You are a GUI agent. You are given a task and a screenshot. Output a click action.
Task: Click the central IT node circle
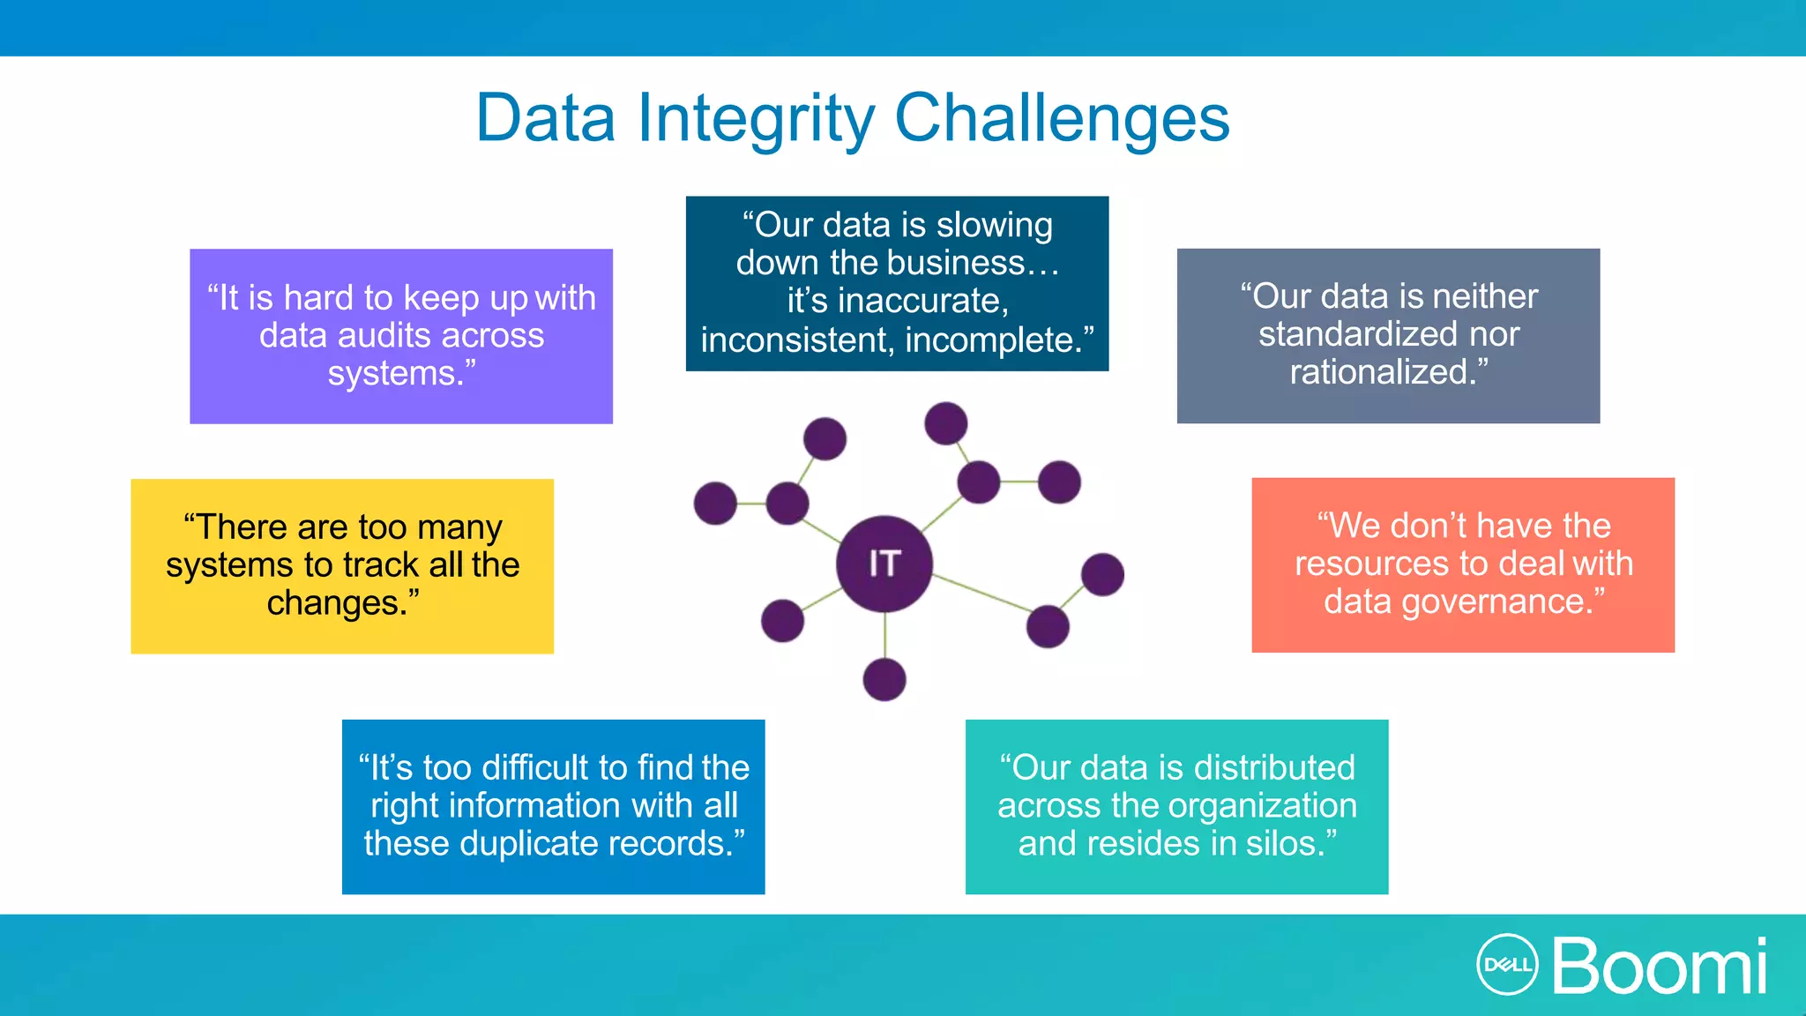point(884,564)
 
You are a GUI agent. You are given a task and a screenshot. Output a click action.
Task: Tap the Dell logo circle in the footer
point(1507,965)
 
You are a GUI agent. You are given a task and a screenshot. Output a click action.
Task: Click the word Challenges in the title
point(1062,118)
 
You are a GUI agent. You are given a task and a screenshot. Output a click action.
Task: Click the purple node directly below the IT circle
point(884,679)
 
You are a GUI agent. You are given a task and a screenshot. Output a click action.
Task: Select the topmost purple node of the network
point(945,423)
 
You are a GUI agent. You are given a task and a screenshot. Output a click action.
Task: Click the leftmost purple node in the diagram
point(715,503)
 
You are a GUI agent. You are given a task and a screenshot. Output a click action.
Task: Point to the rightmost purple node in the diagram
point(1102,574)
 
